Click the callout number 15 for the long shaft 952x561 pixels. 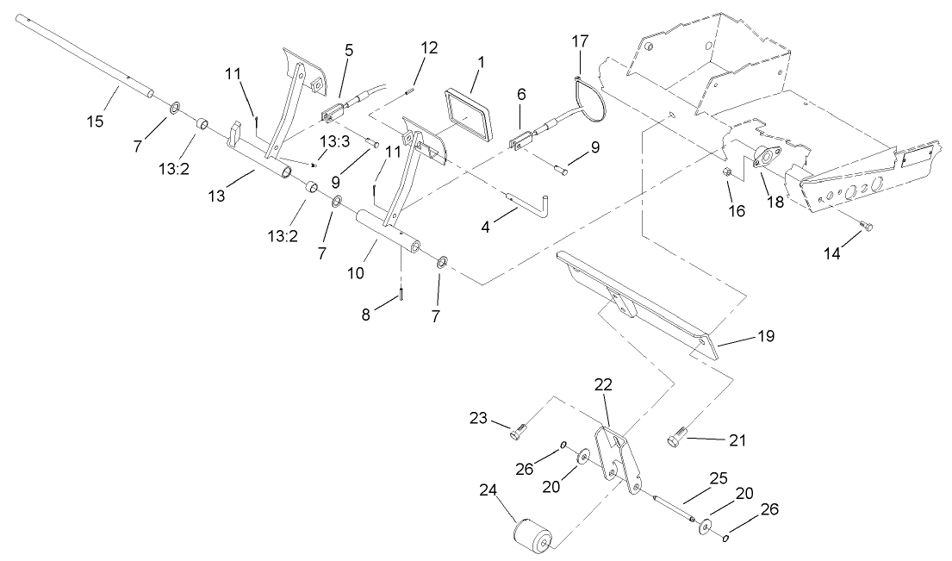(x=95, y=121)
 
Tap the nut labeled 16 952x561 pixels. (x=728, y=174)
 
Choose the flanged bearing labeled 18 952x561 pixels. (x=762, y=158)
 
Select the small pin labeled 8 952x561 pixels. (x=401, y=296)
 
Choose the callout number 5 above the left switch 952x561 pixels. (x=348, y=49)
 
